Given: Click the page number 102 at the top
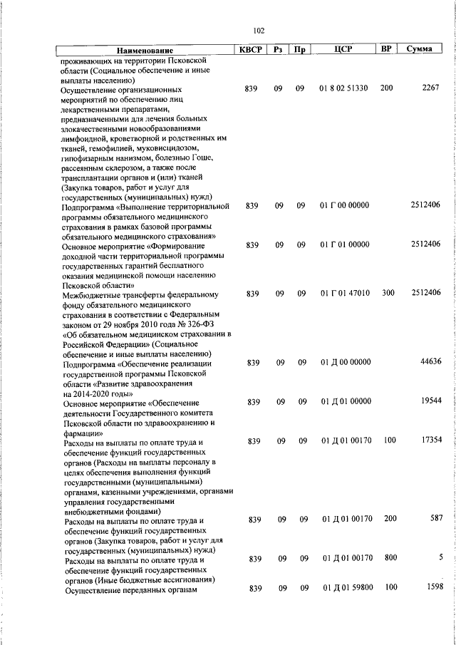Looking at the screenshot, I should pyautogui.click(x=259, y=30).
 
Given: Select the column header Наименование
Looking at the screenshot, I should pyautogui.click(x=145, y=51).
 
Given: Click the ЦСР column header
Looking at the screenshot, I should pyautogui.click(x=344, y=49).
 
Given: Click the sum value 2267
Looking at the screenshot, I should pyautogui.click(x=430, y=88).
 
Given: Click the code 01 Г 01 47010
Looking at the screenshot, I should pyautogui.click(x=344, y=293).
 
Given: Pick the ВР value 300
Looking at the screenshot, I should pyautogui.click(x=387, y=293).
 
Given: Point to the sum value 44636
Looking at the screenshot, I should pyautogui.click(x=430, y=362).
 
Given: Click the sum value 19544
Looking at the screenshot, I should pyautogui.click(x=430, y=401).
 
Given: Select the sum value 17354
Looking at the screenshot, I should pyautogui.click(x=430, y=440).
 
